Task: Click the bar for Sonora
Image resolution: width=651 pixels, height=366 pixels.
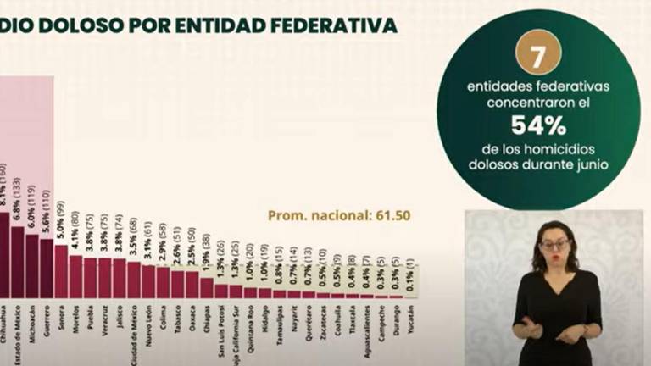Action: pos(61,272)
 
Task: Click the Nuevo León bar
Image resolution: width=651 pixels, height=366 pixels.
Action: pos(148,282)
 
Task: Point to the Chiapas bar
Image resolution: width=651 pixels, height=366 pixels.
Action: pos(207,288)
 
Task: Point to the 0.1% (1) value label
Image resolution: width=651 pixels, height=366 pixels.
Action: pos(411,278)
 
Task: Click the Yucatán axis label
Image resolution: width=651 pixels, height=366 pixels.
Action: pos(411,321)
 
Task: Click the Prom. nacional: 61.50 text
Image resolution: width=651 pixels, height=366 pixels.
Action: pos(339,215)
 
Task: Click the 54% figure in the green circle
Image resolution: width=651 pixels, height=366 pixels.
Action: pos(537,126)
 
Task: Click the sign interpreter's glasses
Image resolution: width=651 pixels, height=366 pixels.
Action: pos(555,245)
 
